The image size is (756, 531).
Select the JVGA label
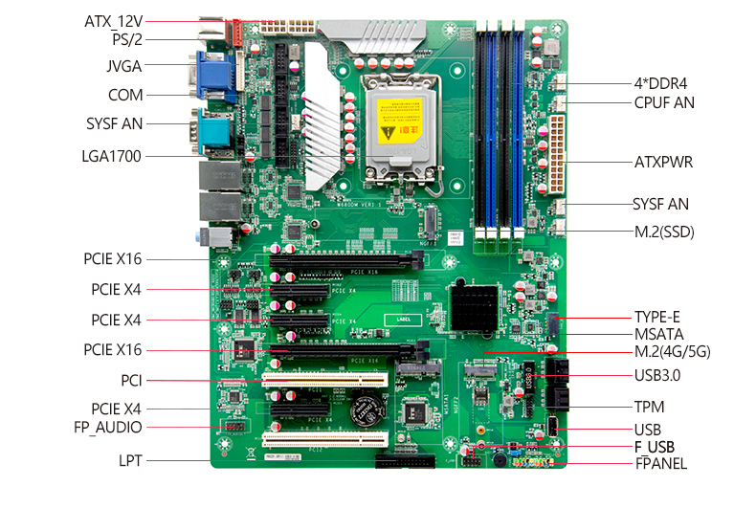click(x=124, y=66)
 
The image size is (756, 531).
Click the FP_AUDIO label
click(x=108, y=427)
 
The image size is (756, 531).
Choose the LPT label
click(x=131, y=460)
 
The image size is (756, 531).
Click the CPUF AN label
click(x=664, y=102)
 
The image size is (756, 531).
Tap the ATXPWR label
click(x=663, y=162)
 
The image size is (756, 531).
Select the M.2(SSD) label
click(x=664, y=232)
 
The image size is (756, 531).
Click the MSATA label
click(x=660, y=334)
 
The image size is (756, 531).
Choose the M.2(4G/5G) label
click(x=673, y=352)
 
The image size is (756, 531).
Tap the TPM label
click(x=649, y=407)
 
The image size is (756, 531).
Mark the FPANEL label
click(x=661, y=464)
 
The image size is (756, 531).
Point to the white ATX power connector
click(x=553, y=153)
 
